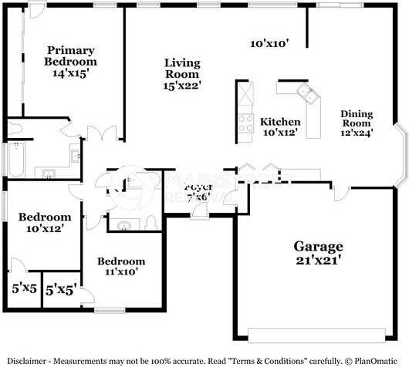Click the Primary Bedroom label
70,56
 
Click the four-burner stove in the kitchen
245,122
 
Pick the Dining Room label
357,119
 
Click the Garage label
318,247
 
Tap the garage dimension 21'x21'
318,261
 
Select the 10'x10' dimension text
269,44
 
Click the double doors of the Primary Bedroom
98,133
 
